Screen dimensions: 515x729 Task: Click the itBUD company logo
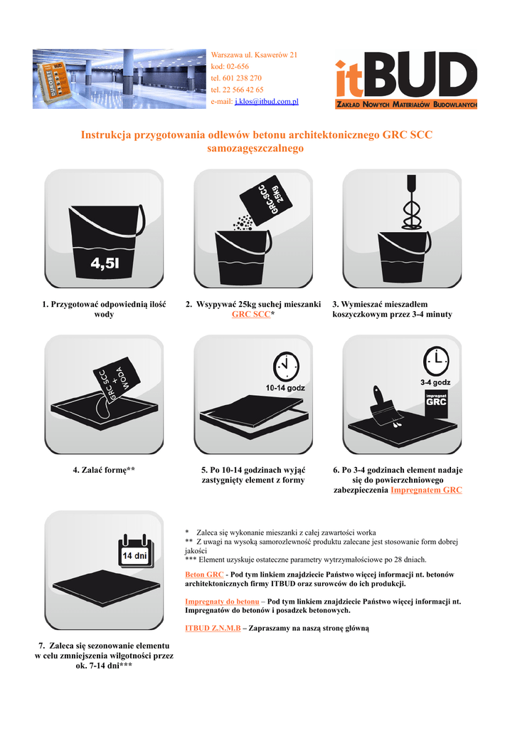click(406, 80)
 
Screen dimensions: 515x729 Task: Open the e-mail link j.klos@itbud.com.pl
click(267, 101)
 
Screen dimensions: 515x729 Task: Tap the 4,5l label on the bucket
click(105, 263)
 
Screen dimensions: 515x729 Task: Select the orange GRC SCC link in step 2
click(251, 314)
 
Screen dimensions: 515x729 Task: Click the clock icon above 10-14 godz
click(285, 366)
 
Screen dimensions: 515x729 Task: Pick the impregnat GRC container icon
click(436, 403)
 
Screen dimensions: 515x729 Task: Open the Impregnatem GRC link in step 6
click(426, 490)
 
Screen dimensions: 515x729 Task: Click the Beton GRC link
click(204, 575)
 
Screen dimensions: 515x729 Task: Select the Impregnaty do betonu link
click(222, 602)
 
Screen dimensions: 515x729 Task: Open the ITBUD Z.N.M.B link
click(213, 628)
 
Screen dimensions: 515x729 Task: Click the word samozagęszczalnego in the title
click(255, 148)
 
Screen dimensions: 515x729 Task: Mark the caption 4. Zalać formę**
click(104, 470)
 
